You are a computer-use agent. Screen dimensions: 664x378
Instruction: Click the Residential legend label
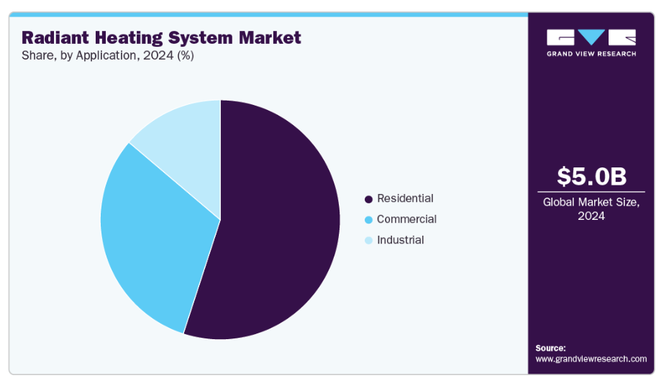coord(405,198)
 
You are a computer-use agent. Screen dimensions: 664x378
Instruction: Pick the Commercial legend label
coord(406,219)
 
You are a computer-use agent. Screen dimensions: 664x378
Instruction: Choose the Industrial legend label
coord(400,240)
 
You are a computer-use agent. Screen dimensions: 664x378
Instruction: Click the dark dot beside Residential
coord(368,199)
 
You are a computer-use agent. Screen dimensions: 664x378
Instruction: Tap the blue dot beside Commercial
coord(368,220)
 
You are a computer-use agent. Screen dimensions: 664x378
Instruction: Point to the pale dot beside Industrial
coord(368,241)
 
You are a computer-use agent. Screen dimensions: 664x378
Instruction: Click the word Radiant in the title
coord(55,37)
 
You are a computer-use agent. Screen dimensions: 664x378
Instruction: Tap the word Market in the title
coord(270,37)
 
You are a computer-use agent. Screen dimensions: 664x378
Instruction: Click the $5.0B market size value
coord(591,176)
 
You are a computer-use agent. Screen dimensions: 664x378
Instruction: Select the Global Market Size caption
coord(591,209)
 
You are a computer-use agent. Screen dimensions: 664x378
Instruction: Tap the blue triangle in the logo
coord(591,37)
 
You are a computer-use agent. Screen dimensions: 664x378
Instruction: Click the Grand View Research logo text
coord(591,54)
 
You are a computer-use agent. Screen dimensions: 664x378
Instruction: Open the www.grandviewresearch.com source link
coord(591,359)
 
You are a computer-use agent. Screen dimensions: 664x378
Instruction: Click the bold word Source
coord(550,348)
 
